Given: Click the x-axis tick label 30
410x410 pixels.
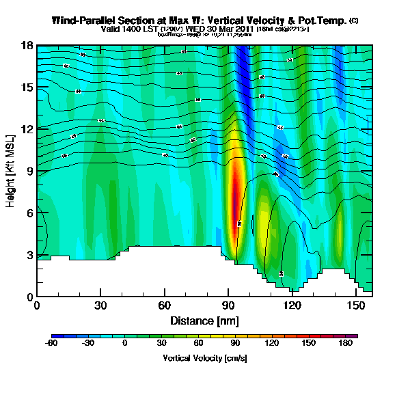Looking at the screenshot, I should click(x=100, y=305).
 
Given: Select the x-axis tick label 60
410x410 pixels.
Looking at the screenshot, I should click(x=165, y=305).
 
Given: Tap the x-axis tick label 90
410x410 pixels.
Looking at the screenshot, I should click(x=228, y=305).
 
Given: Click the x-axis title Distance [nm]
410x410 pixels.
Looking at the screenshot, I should click(x=205, y=320).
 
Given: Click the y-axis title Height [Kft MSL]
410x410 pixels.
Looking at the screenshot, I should click(x=11, y=171).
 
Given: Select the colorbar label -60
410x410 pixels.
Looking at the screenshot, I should click(x=51, y=344).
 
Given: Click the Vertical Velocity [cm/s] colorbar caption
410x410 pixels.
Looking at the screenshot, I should click(x=205, y=357).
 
